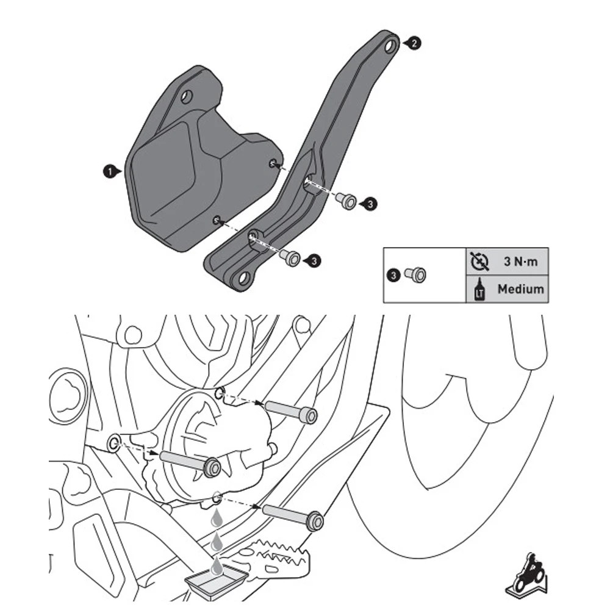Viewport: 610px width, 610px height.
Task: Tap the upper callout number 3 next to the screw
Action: click(370, 204)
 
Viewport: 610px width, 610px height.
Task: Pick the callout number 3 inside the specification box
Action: click(394, 276)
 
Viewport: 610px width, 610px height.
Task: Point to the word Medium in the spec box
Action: click(520, 289)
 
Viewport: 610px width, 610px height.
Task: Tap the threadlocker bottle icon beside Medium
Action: click(478, 289)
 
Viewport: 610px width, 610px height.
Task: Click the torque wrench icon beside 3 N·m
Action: click(480, 262)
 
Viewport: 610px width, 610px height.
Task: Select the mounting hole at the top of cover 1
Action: click(187, 96)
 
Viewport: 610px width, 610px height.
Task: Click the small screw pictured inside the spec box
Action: click(416, 276)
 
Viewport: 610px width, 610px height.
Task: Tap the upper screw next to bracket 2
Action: click(348, 200)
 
